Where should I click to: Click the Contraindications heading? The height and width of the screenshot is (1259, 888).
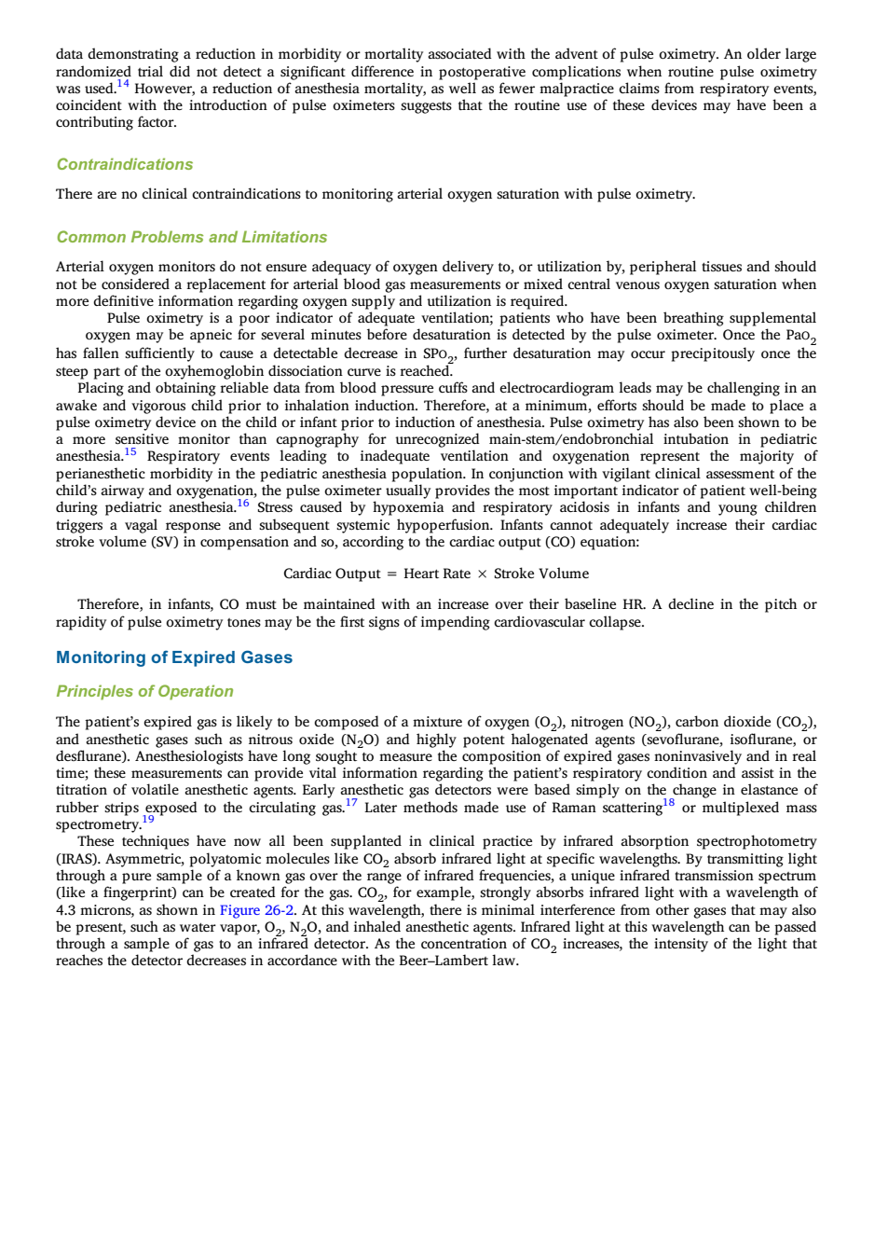pyautogui.click(x=124, y=164)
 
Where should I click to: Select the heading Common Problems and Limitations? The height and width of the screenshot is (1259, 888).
pyautogui.click(x=192, y=237)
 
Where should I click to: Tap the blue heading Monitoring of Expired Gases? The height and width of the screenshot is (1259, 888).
pyautogui.click(x=174, y=657)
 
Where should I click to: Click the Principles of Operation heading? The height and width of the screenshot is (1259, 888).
pyautogui.click(x=145, y=691)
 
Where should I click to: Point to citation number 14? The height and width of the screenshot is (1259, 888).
pyautogui.click(x=122, y=84)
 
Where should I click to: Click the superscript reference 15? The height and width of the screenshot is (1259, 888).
pyautogui.click(x=130, y=451)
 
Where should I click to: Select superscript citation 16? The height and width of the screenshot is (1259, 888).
pyautogui.click(x=242, y=503)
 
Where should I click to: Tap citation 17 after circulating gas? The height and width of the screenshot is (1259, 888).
pyautogui.click(x=351, y=803)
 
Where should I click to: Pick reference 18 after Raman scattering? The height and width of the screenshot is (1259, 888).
pyautogui.click(x=668, y=803)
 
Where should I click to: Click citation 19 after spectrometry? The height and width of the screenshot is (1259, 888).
pyautogui.click(x=148, y=820)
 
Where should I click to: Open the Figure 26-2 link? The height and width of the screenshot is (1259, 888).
pyautogui.click(x=256, y=910)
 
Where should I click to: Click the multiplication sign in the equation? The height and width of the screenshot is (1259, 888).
pyautogui.click(x=482, y=574)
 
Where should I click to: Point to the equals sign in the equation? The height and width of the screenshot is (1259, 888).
pyautogui.click(x=392, y=574)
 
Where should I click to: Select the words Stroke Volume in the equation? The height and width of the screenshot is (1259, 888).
pyautogui.click(x=541, y=574)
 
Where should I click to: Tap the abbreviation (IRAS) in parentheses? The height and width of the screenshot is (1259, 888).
pyautogui.click(x=77, y=859)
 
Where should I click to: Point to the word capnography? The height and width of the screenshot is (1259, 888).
pyautogui.click(x=317, y=439)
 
